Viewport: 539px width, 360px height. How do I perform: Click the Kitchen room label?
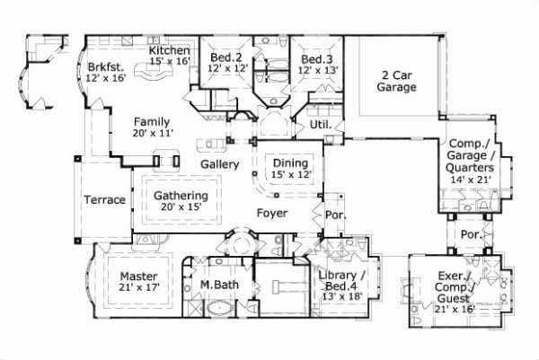(169, 50)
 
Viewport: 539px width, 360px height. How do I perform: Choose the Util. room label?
(321, 124)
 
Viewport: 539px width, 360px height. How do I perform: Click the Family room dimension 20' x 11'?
(153, 133)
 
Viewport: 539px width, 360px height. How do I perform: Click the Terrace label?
(104, 199)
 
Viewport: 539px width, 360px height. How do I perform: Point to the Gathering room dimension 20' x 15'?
(181, 207)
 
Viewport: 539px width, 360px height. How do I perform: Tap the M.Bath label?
(216, 285)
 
